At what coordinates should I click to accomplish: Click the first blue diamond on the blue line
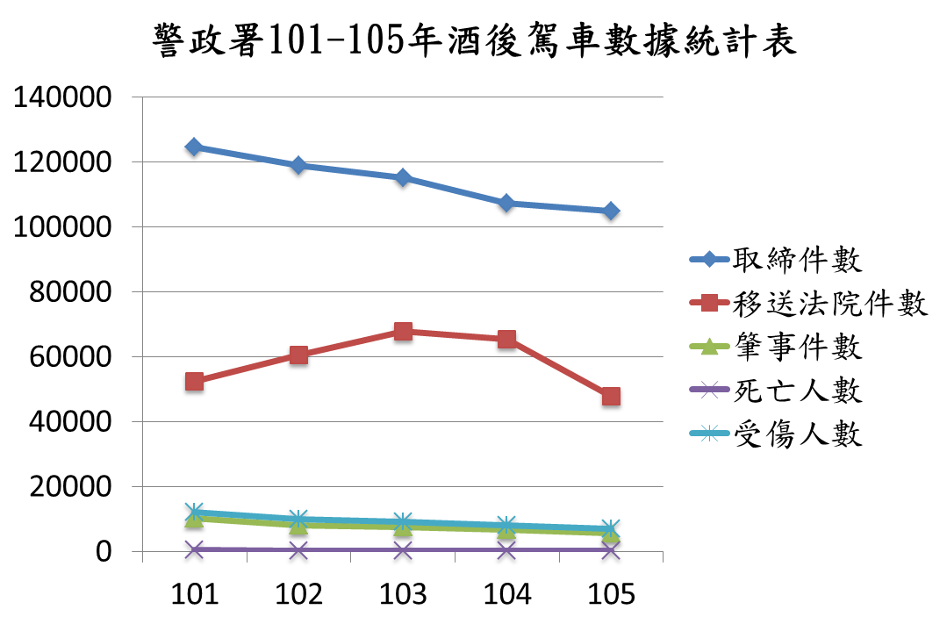(194, 147)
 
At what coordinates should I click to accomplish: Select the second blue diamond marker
(298, 165)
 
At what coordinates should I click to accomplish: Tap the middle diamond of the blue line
(403, 177)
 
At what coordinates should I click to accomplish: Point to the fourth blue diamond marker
(506, 203)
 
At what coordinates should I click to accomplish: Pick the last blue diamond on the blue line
(611, 211)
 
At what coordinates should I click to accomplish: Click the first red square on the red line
(194, 381)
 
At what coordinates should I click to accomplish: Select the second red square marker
(298, 355)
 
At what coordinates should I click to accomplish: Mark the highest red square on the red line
(403, 331)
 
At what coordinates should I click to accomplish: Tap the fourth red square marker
(506, 339)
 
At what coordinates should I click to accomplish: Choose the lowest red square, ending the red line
(611, 396)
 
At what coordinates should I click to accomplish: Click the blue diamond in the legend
(709, 259)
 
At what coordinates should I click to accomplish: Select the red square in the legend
(709, 303)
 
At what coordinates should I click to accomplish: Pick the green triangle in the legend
(709, 347)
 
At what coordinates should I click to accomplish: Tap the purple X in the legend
(709, 390)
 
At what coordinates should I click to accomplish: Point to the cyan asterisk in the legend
(709, 433)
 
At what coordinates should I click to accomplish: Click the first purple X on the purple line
(194, 549)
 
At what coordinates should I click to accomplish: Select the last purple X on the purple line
(611, 550)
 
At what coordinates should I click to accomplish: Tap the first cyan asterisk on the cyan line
(194, 510)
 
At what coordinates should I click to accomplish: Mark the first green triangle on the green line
(194, 519)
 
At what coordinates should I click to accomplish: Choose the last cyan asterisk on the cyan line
(611, 527)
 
